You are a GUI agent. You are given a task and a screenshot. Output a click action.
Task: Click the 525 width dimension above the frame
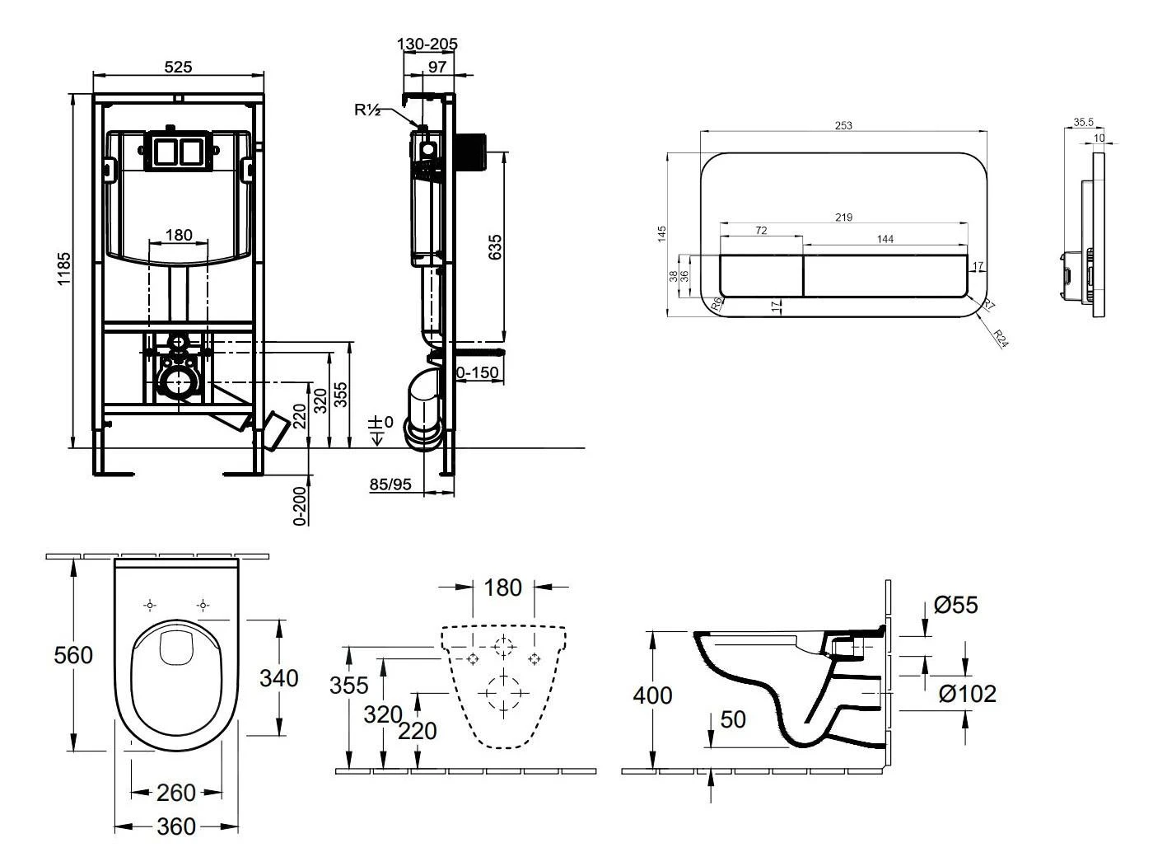(x=178, y=67)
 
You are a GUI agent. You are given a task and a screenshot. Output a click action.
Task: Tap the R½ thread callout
(x=367, y=110)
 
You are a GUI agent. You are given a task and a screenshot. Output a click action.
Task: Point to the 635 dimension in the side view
(x=495, y=247)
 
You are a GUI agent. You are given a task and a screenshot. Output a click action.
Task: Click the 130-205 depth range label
(x=427, y=44)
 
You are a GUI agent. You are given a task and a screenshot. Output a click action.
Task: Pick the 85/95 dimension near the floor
(x=390, y=485)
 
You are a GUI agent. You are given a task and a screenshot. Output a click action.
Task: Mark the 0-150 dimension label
(x=477, y=372)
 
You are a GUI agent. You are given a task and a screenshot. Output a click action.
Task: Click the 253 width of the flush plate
(x=843, y=126)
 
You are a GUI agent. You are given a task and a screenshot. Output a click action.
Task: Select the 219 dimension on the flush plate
(x=843, y=218)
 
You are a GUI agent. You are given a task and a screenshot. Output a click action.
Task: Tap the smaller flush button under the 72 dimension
(x=761, y=275)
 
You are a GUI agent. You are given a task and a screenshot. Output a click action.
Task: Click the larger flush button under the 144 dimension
(x=885, y=275)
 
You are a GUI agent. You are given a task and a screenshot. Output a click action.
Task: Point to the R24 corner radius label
(x=1001, y=339)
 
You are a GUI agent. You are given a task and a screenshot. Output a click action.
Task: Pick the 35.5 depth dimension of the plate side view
(x=1084, y=122)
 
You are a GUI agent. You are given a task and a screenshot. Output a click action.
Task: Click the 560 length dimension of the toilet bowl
(x=73, y=655)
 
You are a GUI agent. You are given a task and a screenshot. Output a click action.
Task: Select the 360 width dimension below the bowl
(x=176, y=826)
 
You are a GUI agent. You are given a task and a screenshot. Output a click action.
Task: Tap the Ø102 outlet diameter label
(x=968, y=694)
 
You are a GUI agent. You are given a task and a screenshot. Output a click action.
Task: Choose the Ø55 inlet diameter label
(x=956, y=605)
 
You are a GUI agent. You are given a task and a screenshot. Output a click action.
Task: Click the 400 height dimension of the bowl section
(x=652, y=695)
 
